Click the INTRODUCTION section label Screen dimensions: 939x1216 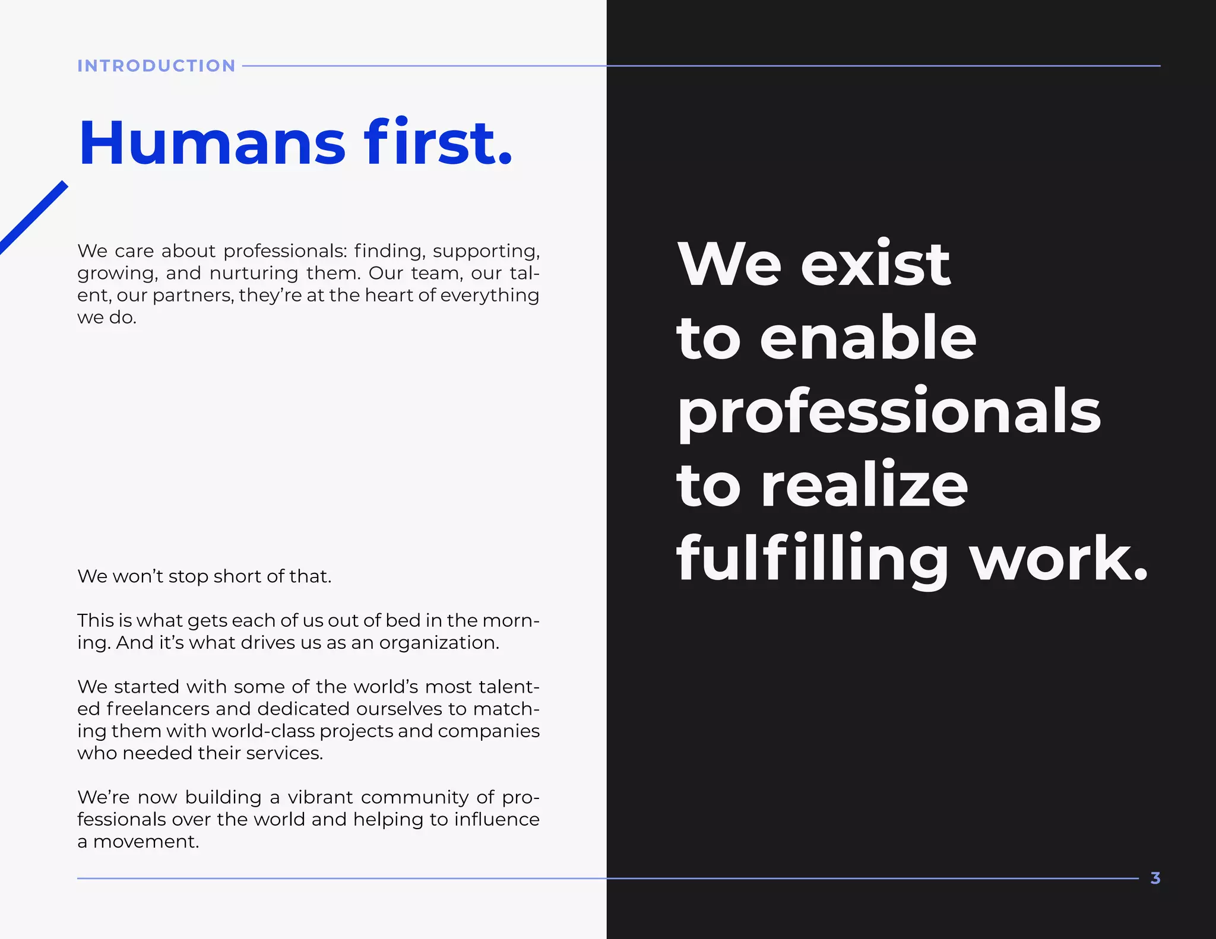click(156, 66)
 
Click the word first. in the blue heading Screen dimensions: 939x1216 click(438, 144)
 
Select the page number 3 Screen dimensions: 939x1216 click(1155, 878)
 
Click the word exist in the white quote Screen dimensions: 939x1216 click(875, 264)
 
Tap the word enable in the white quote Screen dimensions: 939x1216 click(867, 338)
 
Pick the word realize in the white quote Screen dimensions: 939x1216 click(864, 486)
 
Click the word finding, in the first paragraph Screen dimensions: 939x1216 click(389, 251)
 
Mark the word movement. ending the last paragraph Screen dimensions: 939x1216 click(146, 842)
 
